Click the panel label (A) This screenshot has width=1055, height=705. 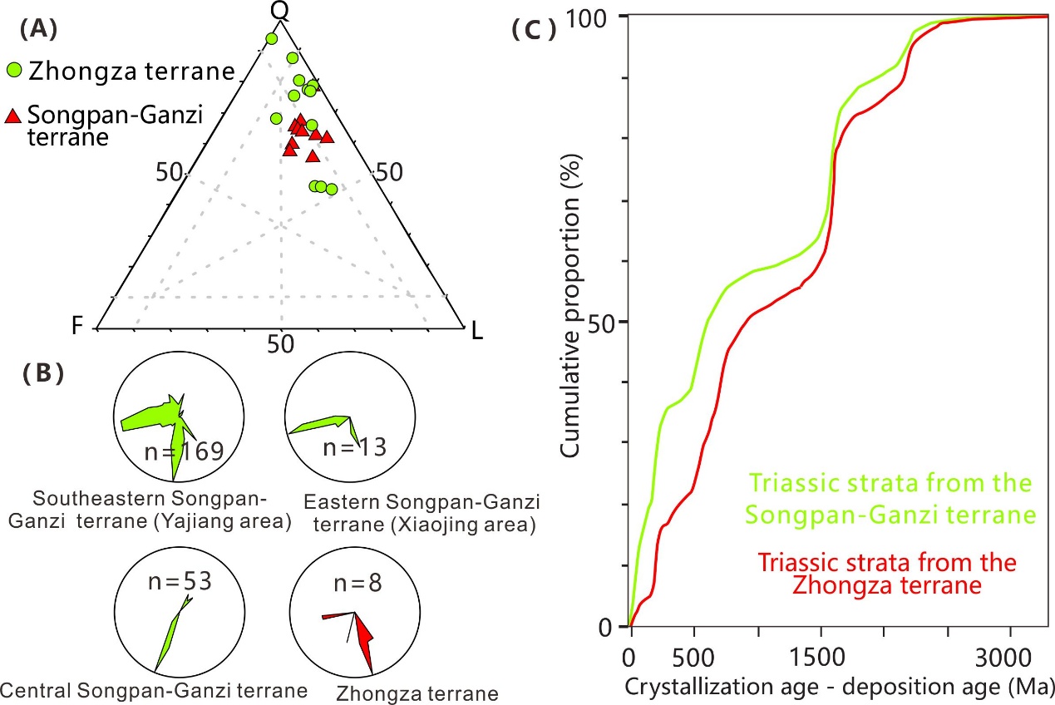click(40, 30)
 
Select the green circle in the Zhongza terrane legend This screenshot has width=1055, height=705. click(14, 71)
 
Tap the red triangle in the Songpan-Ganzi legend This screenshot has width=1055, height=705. click(13, 117)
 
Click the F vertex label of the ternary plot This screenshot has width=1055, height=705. click(79, 326)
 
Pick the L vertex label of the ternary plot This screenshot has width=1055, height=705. click(476, 332)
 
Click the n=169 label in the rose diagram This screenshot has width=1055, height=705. click(183, 451)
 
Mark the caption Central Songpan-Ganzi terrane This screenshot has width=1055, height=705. click(155, 689)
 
